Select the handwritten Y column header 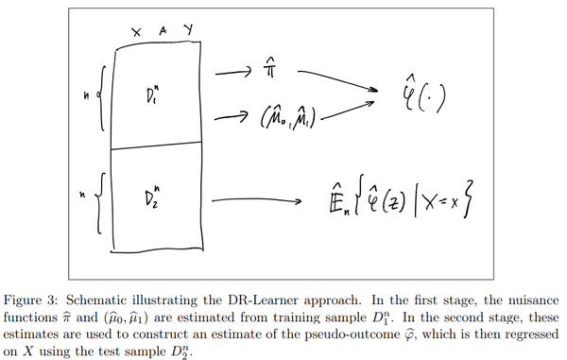tap(187, 30)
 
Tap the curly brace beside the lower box tap(101, 201)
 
